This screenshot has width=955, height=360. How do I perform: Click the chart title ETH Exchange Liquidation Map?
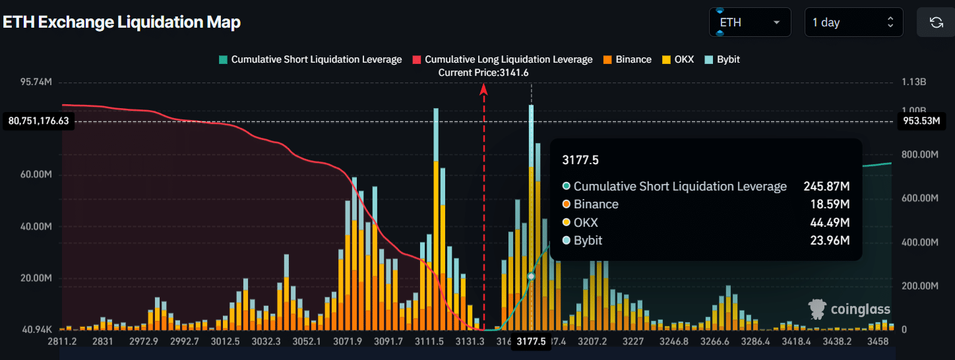coord(122,22)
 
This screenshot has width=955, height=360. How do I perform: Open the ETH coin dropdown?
coord(750,22)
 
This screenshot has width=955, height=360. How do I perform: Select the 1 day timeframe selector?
coord(853,22)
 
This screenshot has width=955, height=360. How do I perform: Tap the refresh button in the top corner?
coord(935,22)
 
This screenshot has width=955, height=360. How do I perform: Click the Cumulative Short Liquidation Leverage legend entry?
coord(310,59)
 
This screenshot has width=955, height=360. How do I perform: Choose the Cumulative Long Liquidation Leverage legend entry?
coord(502,59)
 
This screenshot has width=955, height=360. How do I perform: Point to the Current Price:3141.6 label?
coord(483,73)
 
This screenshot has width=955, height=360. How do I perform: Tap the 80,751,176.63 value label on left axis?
coord(39,121)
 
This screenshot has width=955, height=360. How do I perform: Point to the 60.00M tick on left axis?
coord(38,175)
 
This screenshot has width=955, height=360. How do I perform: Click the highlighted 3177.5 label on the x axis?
coord(531,342)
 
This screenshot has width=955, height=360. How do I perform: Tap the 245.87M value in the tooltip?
coord(826,187)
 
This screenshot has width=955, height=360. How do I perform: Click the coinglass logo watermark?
coord(849,309)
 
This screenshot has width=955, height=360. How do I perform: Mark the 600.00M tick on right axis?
coord(919,198)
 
